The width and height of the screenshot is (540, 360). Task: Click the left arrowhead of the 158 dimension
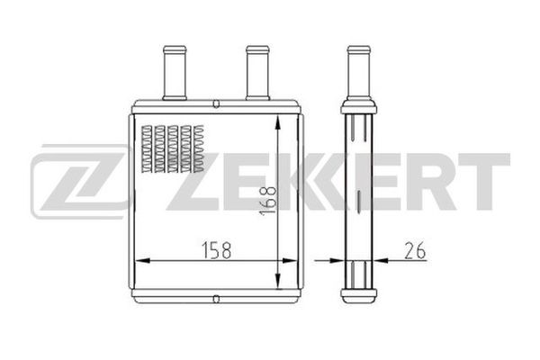(x=139, y=261)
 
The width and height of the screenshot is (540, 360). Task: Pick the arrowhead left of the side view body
(x=338, y=261)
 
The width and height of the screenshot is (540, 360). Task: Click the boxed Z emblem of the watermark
(x=76, y=180)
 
